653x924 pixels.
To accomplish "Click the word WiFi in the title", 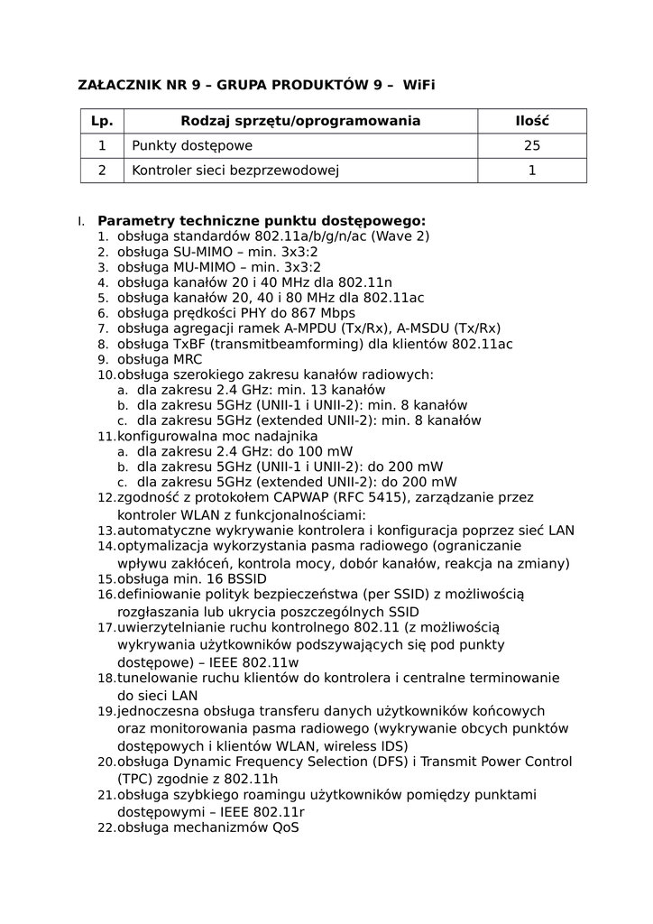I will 418,86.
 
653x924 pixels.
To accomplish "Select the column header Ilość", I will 532,121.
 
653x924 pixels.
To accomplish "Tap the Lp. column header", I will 102,121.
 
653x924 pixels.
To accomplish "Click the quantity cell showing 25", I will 532,145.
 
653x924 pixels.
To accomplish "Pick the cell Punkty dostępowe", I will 192,145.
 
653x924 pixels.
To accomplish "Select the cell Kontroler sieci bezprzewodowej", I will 235,170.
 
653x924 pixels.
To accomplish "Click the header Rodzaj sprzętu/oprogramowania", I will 300,121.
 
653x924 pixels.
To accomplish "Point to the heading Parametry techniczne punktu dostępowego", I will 262,220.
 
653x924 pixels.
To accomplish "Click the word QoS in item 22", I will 285,827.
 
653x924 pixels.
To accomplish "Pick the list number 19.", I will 106,711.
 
